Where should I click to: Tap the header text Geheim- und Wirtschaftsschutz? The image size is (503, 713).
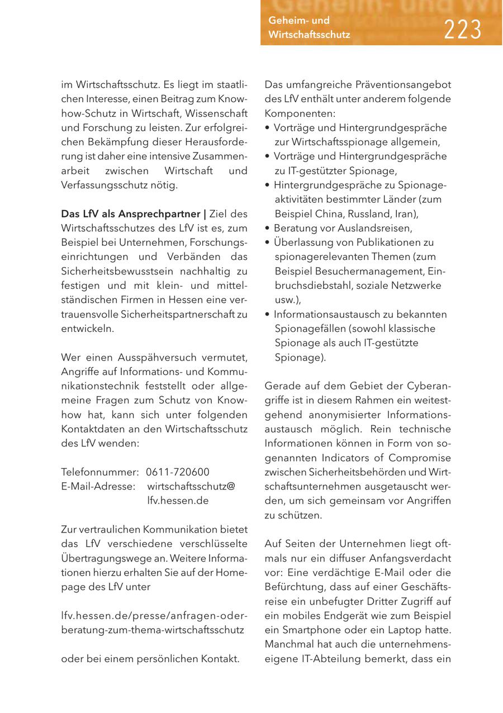point(309,28)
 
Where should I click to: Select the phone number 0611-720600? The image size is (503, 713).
point(178,472)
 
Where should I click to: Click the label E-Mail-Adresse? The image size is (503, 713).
point(98,487)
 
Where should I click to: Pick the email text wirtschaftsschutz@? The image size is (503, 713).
point(191,487)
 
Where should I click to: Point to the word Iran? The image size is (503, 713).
point(406,214)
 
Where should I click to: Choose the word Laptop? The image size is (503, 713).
point(411,630)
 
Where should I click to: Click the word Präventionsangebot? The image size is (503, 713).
point(403,85)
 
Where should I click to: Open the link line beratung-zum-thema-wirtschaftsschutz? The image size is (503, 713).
point(153,630)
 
